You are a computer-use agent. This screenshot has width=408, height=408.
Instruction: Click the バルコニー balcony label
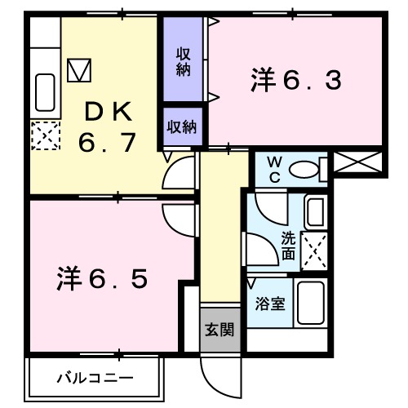[x=95, y=378]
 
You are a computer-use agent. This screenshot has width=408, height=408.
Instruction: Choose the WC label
[x=273, y=170]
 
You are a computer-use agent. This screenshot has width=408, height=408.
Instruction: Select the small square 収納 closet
[x=182, y=126]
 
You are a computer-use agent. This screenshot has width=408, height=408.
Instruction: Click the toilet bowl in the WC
[x=305, y=170]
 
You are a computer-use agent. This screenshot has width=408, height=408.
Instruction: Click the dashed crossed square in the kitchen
[x=45, y=135]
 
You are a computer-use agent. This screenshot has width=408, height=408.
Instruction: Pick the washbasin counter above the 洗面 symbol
[x=315, y=212]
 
